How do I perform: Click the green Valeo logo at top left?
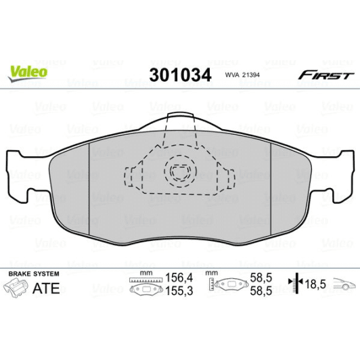(x=27, y=70)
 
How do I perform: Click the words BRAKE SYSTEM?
(x=33, y=273)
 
